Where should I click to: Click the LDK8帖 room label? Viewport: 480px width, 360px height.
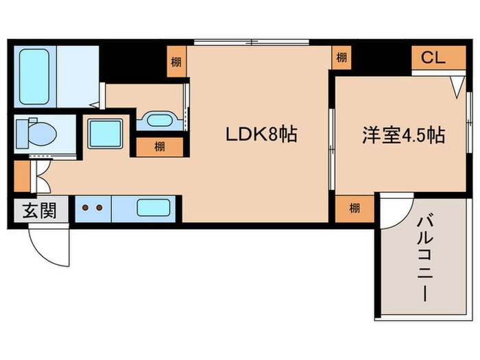[x=261, y=134]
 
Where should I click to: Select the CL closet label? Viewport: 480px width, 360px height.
[x=433, y=58]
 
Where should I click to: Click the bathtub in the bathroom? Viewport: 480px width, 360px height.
[x=34, y=76]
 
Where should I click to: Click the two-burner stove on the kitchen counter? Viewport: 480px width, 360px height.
[x=93, y=208]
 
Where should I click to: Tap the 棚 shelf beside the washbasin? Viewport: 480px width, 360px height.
[x=159, y=146]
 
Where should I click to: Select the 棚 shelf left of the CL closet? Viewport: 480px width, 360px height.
[x=341, y=58]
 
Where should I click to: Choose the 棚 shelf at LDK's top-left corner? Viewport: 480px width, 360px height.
[x=176, y=61]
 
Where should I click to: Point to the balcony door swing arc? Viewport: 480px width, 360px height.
[x=394, y=213]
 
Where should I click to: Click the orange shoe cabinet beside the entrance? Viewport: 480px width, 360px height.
[x=21, y=176]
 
